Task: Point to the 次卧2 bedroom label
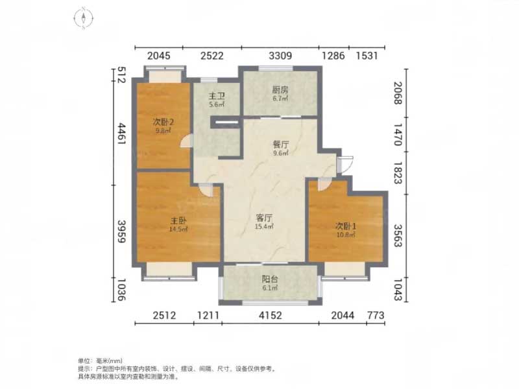point(163,121)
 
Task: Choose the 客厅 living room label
point(264,218)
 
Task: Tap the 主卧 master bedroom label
point(179,220)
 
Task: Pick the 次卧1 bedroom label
point(344,226)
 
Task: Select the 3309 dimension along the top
point(280,56)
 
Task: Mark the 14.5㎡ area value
point(179,229)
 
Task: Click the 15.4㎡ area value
point(264,227)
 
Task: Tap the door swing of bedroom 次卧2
point(187,141)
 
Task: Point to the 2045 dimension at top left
point(159,56)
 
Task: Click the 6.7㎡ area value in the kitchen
point(280,100)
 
